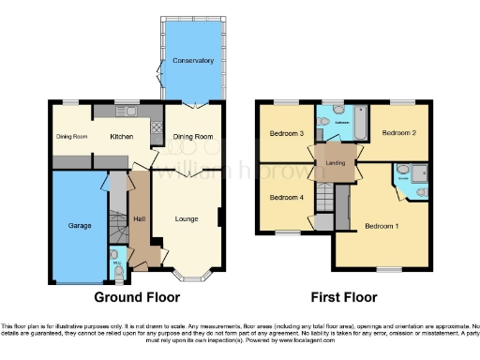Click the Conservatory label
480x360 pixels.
tap(192, 61)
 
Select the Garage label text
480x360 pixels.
tap(77, 227)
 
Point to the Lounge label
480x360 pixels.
tap(186, 219)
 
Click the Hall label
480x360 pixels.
tap(140, 219)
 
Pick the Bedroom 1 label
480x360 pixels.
tap(381, 226)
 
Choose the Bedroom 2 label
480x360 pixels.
tap(400, 133)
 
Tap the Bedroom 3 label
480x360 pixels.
tap(287, 134)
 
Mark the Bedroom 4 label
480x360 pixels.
tap(287, 198)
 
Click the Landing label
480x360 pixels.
tap(336, 163)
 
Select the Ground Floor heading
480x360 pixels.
tap(136, 297)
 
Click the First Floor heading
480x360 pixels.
tap(344, 297)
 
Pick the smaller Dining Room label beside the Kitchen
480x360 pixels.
tap(71, 137)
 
